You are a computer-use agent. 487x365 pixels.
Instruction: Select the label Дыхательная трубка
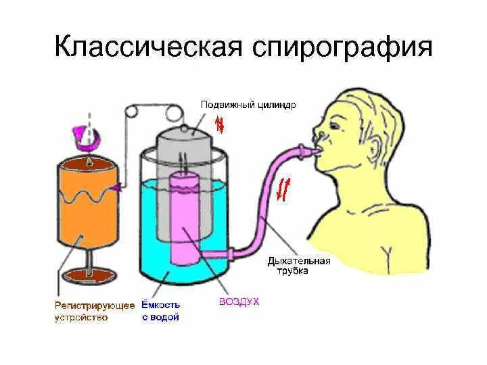pos(298,266)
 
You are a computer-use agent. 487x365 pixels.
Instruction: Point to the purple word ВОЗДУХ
pos(239,301)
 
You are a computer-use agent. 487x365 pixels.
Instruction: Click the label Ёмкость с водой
pos(161,312)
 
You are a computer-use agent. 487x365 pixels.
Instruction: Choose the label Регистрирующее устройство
pos(94,312)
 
